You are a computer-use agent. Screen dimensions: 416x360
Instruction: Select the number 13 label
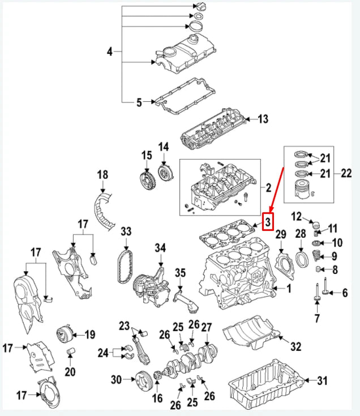click(x=262, y=119)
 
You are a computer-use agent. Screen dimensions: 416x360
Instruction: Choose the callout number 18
click(x=102, y=175)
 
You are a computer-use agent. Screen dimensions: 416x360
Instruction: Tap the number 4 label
click(x=110, y=52)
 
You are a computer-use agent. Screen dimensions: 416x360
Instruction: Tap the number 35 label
click(x=180, y=273)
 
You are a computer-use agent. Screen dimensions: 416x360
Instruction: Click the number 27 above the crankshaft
click(x=207, y=327)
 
